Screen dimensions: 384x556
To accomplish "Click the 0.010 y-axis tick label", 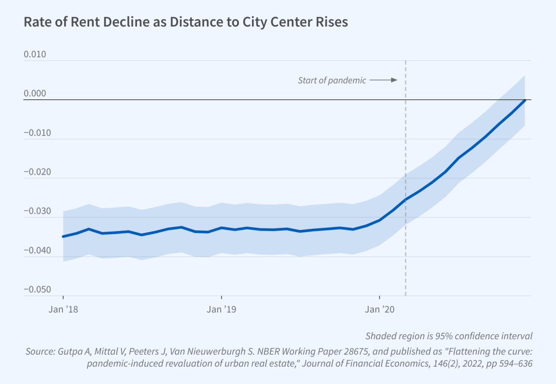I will pyautogui.click(x=35, y=55).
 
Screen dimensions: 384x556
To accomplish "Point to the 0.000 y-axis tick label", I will pyautogui.click(x=35, y=94).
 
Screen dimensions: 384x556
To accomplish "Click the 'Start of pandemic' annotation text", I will pyautogui.click(x=332, y=81).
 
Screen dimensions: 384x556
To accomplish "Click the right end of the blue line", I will pyautogui.click(x=525, y=100).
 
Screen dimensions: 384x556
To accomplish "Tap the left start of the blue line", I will pyautogui.click(x=63, y=236).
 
